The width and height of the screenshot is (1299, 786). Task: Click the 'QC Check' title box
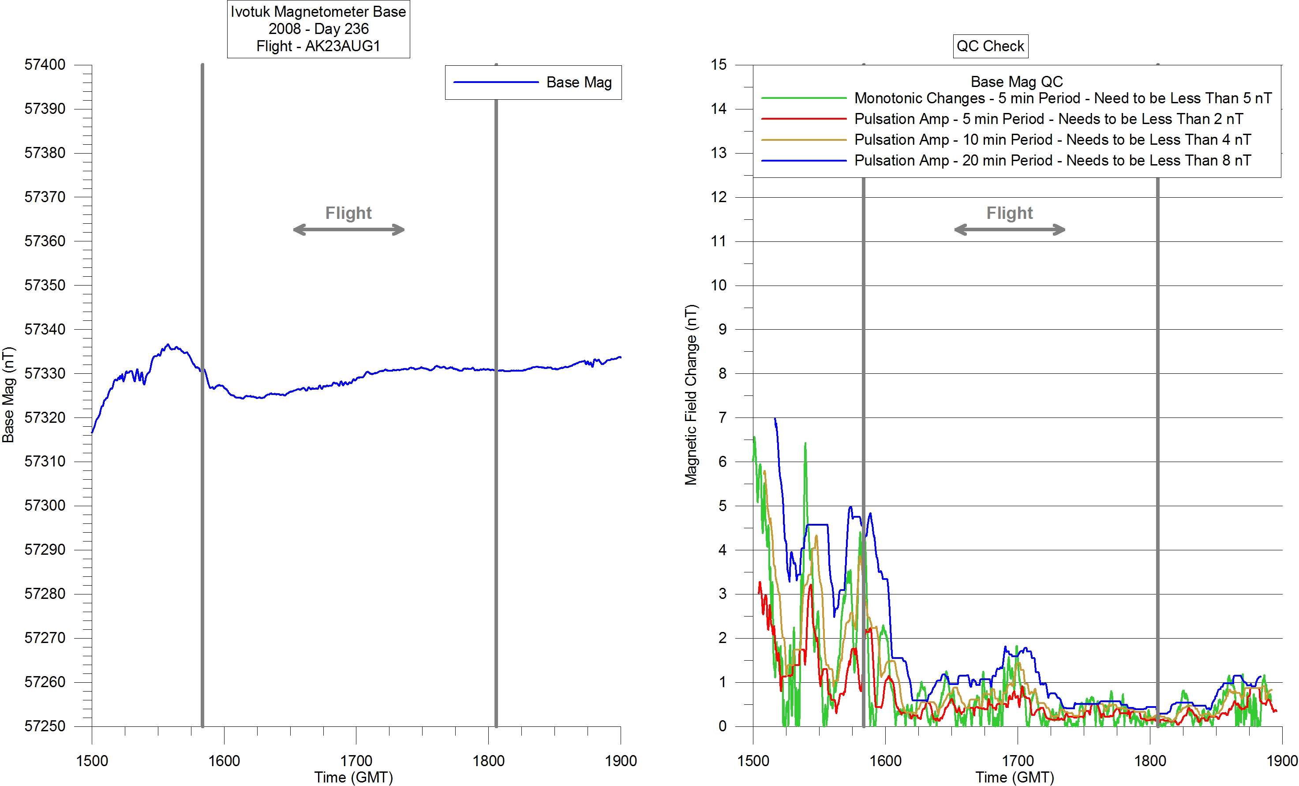tap(990, 46)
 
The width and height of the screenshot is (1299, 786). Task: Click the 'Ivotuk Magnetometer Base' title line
tap(318, 11)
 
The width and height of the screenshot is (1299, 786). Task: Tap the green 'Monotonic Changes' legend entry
tap(1062, 98)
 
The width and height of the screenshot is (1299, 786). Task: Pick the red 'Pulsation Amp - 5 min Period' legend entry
tap(1048, 119)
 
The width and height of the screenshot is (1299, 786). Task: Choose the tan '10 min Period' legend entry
tap(1052, 140)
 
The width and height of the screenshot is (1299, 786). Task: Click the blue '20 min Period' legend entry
tap(1052, 160)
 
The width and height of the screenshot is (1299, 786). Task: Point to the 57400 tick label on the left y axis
tap(45, 65)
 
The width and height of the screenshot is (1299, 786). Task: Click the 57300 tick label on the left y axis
tap(45, 505)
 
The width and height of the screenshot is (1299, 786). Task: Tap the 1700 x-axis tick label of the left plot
tap(356, 761)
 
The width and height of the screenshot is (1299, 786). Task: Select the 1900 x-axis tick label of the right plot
tap(1282, 761)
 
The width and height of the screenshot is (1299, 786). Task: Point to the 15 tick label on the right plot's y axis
tap(719, 65)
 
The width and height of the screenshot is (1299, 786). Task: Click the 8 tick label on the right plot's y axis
tap(722, 373)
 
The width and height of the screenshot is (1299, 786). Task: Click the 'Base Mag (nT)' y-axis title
tap(8, 395)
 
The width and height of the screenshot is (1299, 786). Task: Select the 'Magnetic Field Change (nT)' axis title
tap(691, 395)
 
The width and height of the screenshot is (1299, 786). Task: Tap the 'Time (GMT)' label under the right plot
tap(1014, 777)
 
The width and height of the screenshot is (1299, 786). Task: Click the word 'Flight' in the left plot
tap(348, 213)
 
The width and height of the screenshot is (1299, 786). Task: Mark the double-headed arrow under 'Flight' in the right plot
tap(1010, 229)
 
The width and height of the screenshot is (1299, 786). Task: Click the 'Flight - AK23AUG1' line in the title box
tap(318, 46)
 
